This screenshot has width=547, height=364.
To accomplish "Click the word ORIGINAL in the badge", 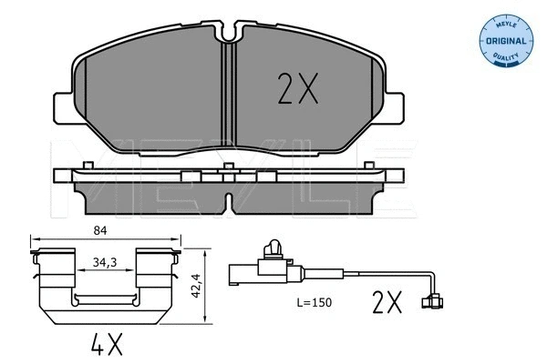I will click(505, 42).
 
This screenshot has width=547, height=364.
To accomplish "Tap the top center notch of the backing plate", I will click(230, 34).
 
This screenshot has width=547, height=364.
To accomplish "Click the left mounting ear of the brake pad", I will click(61, 107).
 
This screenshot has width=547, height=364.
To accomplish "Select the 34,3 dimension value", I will click(106, 262).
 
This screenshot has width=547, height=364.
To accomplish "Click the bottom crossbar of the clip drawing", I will click(106, 300).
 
